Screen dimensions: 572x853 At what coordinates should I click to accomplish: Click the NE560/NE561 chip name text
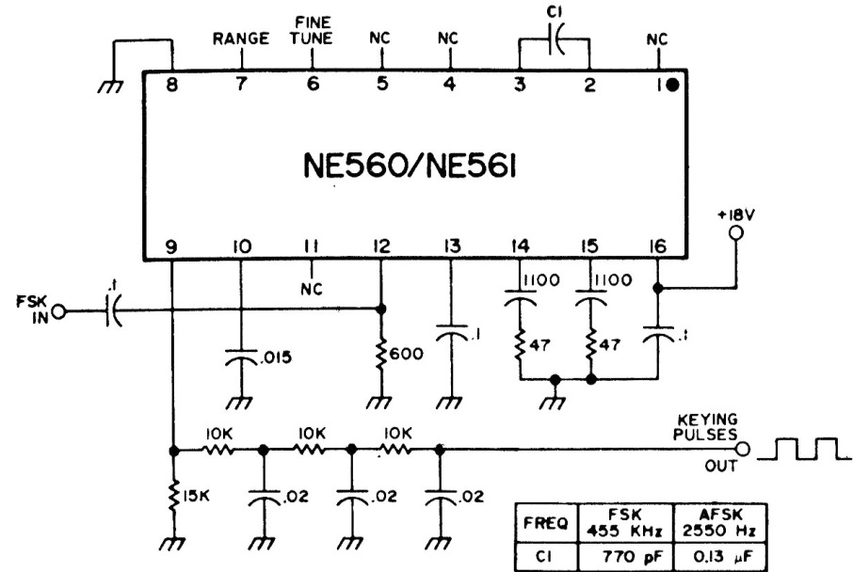(x=415, y=169)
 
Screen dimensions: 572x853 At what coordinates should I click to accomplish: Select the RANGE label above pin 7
(x=241, y=40)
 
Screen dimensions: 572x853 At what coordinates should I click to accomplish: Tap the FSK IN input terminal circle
(x=58, y=310)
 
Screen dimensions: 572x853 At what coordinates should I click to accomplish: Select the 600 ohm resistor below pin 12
(x=381, y=352)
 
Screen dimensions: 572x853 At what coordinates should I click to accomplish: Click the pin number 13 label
(x=453, y=246)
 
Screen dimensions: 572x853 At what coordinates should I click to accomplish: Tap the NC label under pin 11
(x=313, y=291)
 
